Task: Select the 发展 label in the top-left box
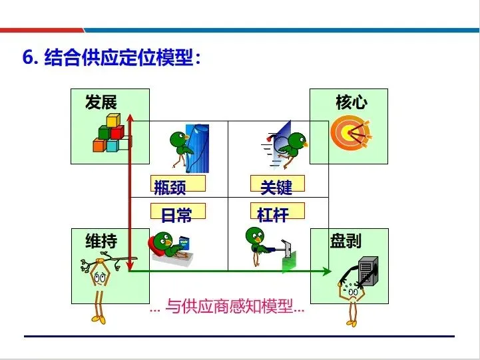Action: point(101,102)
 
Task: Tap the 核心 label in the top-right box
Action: point(351,102)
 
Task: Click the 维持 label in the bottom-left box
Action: point(101,241)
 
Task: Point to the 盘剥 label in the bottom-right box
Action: point(346,240)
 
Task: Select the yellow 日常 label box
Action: point(178,213)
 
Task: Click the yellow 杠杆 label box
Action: point(277,213)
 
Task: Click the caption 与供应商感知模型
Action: point(226,307)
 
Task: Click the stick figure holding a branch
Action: point(100,286)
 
